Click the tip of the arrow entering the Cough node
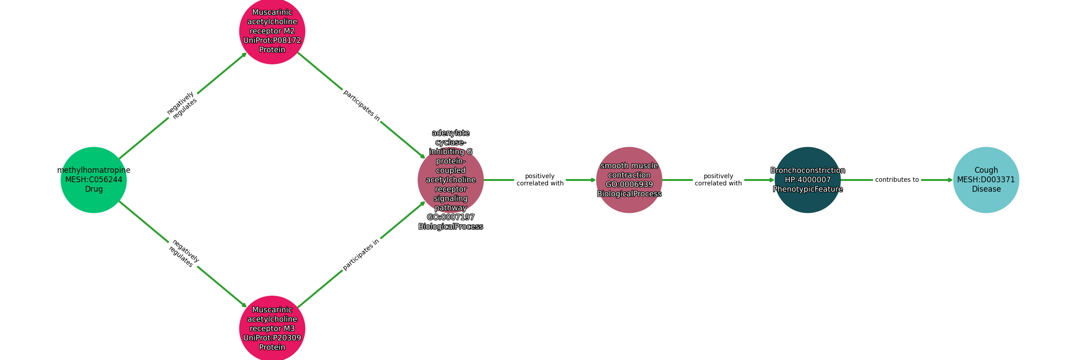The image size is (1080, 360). coord(953,180)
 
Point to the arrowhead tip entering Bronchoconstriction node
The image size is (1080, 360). coord(774,180)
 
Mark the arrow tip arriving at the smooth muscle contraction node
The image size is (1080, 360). coord(596,180)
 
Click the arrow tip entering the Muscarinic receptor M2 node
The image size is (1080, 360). coord(247,53)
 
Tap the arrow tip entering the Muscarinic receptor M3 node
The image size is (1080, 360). coord(247,307)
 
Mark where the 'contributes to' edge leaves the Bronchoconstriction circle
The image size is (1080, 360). coord(841,180)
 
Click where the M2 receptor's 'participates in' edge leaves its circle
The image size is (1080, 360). coord(298,53)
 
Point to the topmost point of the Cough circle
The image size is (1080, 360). coord(986,147)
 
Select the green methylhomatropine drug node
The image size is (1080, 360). coord(94,180)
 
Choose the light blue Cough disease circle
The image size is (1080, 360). coord(986,180)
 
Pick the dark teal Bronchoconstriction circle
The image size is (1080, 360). coord(808,180)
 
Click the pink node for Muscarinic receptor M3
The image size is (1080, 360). coord(272,328)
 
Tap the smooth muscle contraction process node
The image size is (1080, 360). coord(629,180)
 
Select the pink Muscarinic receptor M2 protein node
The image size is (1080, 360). coord(272,31)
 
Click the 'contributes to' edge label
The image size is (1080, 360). coord(897,180)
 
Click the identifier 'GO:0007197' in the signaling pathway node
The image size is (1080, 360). coord(450,217)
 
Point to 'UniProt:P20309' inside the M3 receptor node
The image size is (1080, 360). coord(272,338)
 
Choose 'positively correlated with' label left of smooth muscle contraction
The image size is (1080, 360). coord(540,180)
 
